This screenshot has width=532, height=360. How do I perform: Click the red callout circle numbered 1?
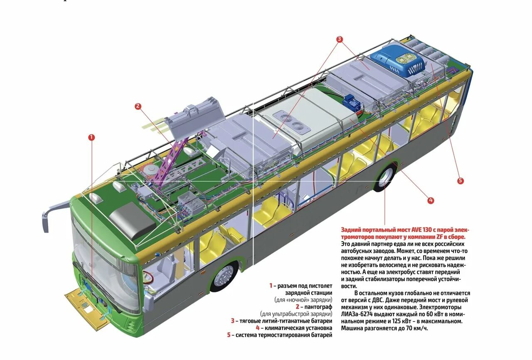[91, 137]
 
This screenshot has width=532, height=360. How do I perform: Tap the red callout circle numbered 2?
[138, 106]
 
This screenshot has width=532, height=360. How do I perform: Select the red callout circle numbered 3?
[340, 39]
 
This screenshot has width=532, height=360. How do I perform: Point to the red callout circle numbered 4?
[431, 200]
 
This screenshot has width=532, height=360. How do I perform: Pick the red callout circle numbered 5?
[460, 181]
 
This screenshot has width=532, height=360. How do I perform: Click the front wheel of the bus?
[224, 276]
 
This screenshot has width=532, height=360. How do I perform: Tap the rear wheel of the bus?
[385, 178]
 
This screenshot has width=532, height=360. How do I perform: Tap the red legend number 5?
[229, 335]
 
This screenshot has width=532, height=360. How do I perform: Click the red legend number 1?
[271, 286]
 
